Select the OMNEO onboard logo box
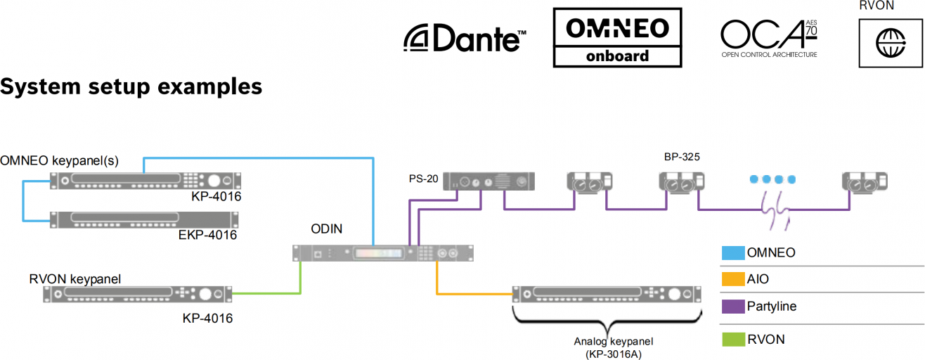coord(617,38)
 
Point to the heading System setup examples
coord(131,86)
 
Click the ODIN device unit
coord(383,253)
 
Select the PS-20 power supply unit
coord(492,182)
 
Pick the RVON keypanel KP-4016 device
coord(137,294)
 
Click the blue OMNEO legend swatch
coord(732,252)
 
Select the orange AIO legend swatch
coord(732,279)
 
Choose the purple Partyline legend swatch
coord(732,307)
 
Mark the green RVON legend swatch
coord(732,340)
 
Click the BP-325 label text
coord(681,156)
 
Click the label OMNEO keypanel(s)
coord(60,160)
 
